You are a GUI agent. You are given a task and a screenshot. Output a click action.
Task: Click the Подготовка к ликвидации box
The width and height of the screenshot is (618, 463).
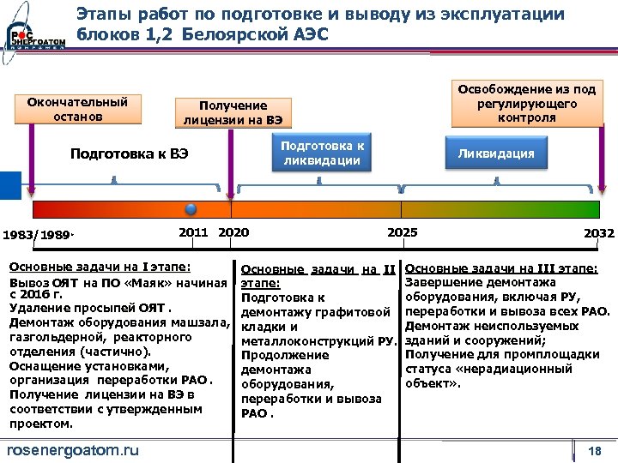(x=323, y=153)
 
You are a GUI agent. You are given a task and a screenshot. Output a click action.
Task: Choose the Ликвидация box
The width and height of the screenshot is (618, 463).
(x=495, y=153)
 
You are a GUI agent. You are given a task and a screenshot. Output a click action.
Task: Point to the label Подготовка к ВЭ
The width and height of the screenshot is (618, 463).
(x=130, y=154)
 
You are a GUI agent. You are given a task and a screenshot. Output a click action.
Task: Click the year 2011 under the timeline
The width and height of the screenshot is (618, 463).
(x=193, y=232)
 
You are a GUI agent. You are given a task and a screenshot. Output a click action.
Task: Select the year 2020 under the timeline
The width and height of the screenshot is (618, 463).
(x=233, y=232)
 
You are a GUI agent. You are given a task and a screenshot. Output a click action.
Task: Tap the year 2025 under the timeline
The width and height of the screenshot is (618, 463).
(x=403, y=232)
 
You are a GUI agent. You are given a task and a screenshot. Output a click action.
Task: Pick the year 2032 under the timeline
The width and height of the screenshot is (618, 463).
(x=598, y=233)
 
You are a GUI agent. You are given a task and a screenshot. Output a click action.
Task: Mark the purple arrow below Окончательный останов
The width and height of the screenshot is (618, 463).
(x=32, y=163)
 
